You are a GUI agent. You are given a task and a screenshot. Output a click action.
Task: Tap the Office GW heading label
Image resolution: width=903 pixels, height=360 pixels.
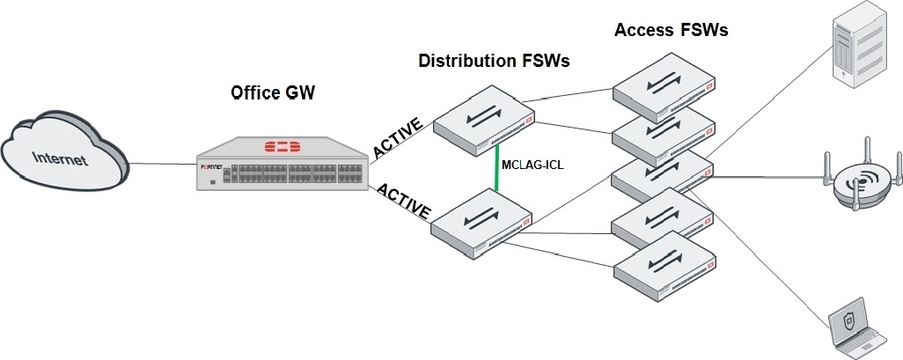[273, 93]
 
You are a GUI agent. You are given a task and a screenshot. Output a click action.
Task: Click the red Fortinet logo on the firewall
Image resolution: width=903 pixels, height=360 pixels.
[283, 145]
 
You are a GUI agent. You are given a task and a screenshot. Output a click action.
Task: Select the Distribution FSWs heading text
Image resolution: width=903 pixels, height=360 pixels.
[494, 61]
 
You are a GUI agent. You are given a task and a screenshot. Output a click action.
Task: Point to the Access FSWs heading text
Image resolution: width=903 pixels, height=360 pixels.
[671, 30]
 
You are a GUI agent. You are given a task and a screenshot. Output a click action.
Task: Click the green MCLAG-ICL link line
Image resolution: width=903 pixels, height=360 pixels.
[496, 167]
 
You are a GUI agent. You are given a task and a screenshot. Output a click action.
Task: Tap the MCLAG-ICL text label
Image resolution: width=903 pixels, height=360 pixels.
[532, 165]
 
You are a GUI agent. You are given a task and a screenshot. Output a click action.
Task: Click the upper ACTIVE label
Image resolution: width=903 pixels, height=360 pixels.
[399, 138]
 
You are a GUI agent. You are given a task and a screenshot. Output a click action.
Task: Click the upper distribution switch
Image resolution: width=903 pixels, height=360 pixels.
[484, 121]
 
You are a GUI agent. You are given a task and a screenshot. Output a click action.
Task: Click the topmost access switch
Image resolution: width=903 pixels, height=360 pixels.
[663, 85]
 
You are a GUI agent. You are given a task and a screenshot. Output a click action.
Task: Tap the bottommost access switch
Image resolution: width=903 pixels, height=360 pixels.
[664, 266]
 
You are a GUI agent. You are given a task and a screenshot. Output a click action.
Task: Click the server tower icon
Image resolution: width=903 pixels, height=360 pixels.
[857, 45]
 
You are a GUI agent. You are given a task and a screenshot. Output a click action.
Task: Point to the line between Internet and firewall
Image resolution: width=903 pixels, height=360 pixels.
[163, 165]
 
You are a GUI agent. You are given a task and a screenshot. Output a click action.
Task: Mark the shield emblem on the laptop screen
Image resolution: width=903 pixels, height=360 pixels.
[848, 322]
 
